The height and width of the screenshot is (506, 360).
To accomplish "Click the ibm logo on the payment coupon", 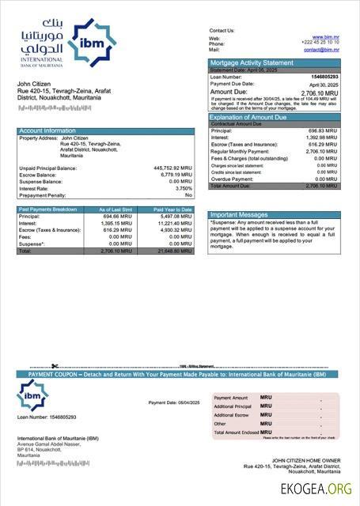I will coord(34,394).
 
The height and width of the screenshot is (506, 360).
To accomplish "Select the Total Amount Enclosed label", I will coord(235,432).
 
